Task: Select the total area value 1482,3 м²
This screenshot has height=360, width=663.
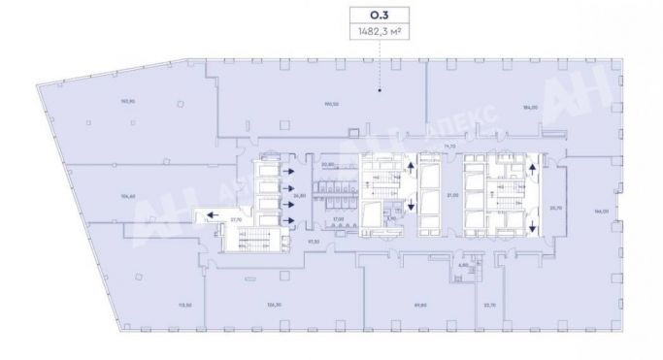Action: point(380,32)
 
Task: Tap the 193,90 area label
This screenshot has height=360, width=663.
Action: point(99,100)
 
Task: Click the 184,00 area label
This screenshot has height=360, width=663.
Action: point(529,107)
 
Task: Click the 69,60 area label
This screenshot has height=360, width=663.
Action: point(420,305)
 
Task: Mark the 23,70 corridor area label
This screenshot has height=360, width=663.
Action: point(555,208)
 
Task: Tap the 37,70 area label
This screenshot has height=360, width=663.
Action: point(235,221)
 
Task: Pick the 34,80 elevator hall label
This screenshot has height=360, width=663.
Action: point(300,194)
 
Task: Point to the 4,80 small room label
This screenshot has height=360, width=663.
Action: point(464,263)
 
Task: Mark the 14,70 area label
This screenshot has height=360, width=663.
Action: point(449,146)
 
